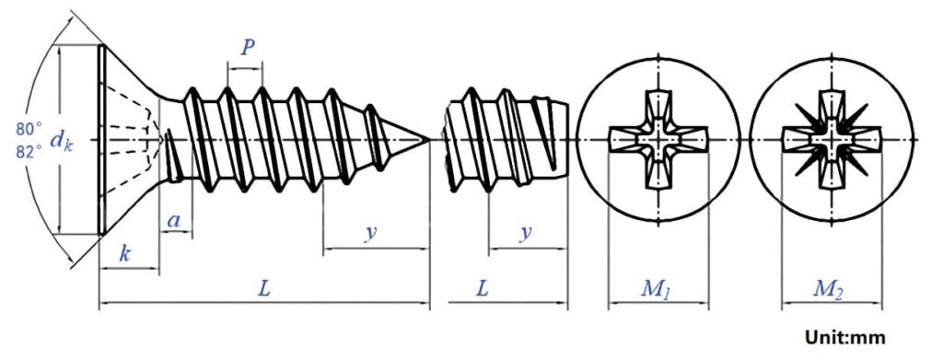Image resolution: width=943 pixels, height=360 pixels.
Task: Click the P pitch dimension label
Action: point(246,49)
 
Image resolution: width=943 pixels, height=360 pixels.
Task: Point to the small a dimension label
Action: point(172,221)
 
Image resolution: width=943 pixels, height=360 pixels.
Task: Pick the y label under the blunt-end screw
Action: point(525,233)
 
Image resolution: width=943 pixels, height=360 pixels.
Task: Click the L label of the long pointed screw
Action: point(263,288)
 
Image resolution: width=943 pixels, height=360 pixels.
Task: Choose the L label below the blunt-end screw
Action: point(482,288)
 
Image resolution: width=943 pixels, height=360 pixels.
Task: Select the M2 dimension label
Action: point(827,289)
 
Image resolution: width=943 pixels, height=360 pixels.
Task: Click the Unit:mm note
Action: point(845,338)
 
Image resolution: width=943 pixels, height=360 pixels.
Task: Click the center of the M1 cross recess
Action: point(658,140)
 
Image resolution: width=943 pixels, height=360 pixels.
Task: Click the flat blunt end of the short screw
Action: point(565,140)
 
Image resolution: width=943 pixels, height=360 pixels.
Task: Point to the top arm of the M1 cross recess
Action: point(658,106)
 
